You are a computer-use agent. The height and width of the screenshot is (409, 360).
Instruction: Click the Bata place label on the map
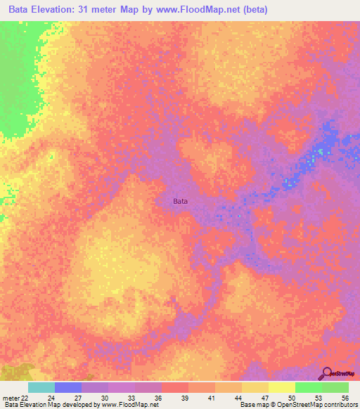click(x=181, y=201)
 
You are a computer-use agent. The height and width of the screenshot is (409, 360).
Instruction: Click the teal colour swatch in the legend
click(x=41, y=387)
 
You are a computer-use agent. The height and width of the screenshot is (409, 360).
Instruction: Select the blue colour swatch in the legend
click(x=67, y=387)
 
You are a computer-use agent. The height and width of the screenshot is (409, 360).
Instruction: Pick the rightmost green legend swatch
click(x=335, y=387)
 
